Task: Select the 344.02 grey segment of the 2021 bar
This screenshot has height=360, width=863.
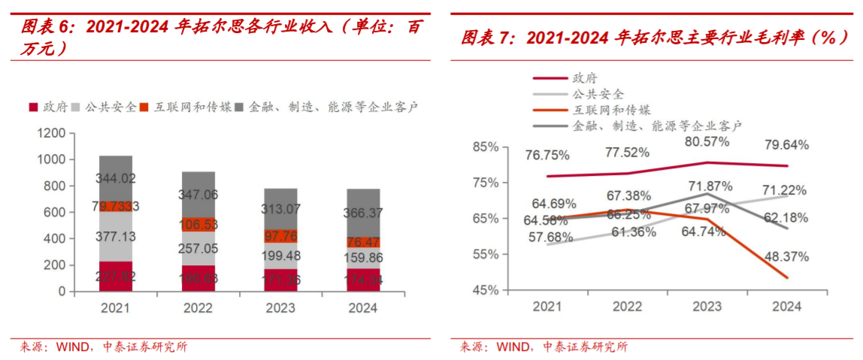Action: click(116, 179)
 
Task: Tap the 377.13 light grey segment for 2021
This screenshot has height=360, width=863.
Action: click(116, 236)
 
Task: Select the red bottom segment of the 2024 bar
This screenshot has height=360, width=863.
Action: click(363, 280)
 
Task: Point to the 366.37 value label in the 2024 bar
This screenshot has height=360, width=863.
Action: click(363, 213)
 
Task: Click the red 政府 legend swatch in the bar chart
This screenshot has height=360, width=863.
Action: click(34, 107)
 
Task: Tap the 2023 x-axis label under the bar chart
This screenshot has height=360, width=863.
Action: click(280, 308)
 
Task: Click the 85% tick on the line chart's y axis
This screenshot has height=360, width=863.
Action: click(486, 147)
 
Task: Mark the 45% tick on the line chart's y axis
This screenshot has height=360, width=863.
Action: click(486, 290)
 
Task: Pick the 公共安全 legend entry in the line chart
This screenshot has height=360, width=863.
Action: click(598, 94)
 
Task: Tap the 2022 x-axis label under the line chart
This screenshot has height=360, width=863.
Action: click(628, 307)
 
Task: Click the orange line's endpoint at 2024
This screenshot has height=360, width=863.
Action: click(788, 278)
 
